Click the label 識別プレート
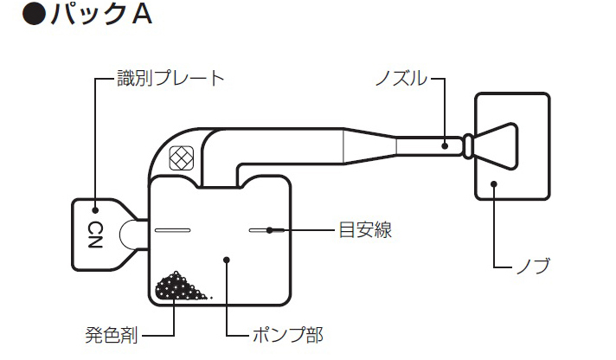170,79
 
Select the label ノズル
401,79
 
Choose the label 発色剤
112,334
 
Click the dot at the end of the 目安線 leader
270,230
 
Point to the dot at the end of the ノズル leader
445,145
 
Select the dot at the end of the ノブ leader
493,184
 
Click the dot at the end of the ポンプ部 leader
225,258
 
